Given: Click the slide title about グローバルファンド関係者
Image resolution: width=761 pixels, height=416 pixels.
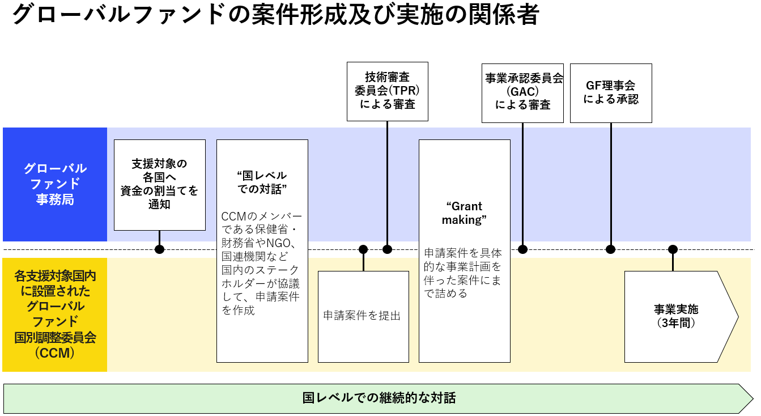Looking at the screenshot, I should pos(275,15).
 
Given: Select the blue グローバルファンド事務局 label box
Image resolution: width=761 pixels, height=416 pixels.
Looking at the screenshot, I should pos(55,184).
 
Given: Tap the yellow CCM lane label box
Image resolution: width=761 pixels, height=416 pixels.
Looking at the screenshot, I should pos(55,315).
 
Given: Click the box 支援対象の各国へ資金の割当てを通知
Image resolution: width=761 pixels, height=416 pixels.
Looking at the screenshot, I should pos(159,184).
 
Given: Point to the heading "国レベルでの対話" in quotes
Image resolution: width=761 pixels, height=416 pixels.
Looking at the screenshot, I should pos(262,182).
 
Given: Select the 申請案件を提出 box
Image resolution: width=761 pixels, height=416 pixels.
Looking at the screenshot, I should pos(363,316).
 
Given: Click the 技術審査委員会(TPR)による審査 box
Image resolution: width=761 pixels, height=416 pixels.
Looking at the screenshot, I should pos(387,91).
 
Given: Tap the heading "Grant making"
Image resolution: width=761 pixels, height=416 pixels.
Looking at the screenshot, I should pos(464,213).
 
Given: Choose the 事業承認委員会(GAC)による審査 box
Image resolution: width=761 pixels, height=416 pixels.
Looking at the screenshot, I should pos(522,92).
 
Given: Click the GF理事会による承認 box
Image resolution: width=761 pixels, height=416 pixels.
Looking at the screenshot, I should pos(611,92).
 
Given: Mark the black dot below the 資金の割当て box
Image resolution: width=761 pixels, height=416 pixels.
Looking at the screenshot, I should pos(159,249).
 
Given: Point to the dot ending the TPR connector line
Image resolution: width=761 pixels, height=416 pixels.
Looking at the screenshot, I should pos(387,249).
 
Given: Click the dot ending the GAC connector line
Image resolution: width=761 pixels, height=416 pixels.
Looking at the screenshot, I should pos(522,249).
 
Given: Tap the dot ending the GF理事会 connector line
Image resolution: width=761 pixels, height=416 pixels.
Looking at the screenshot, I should pos(611,249).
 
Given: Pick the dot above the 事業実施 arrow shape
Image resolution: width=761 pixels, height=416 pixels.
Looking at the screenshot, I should pos(673,249).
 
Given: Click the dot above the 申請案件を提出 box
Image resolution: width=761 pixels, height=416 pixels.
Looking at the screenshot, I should pos(363,249).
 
